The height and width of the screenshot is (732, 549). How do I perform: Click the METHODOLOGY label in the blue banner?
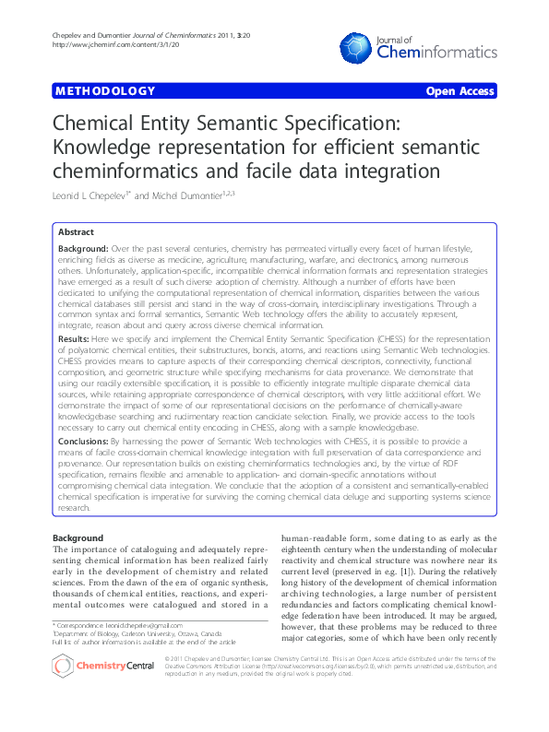pos(105,91)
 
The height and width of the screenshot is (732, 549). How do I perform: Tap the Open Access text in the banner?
pos(459,91)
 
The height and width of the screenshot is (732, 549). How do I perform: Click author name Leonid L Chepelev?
pos(91,196)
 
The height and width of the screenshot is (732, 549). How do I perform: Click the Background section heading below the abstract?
pos(78,537)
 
